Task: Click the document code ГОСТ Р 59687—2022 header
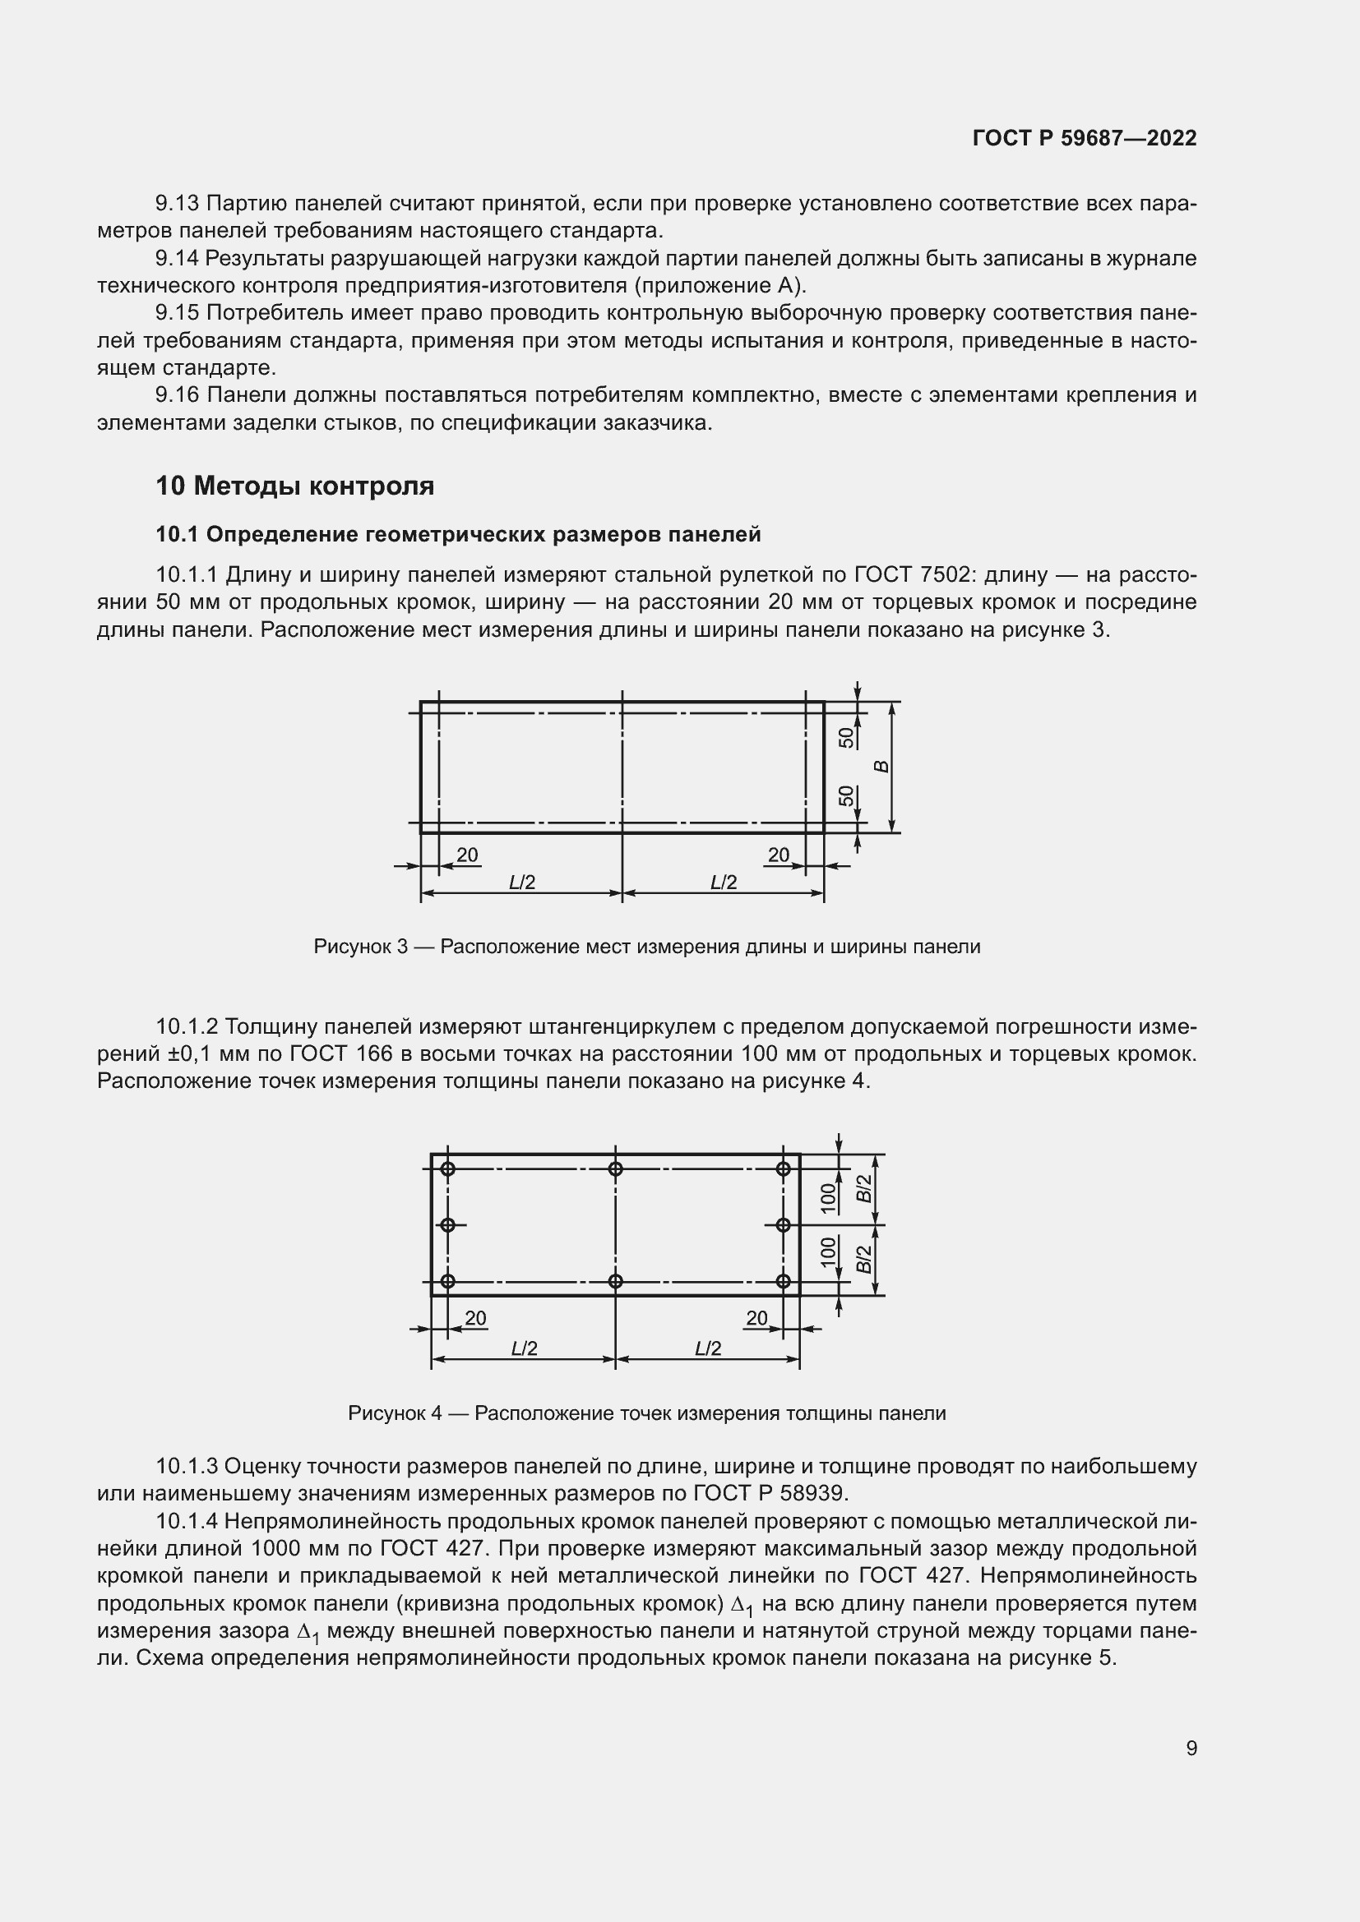pos(1085,138)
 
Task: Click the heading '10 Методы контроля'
pos(295,486)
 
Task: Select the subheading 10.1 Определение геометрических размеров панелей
pos(458,534)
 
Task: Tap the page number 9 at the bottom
pos(1191,1748)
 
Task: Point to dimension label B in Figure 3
pos(881,766)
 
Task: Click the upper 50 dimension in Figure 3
pos(847,737)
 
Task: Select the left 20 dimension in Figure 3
pos(467,855)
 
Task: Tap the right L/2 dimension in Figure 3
pos(724,883)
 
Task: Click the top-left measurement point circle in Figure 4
pos(448,1168)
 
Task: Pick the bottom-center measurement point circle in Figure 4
pos(616,1281)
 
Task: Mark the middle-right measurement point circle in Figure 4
pos(783,1224)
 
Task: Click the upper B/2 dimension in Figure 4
pos(863,1189)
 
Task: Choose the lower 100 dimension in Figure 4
pos(828,1252)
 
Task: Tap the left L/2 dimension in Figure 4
pos(525,1348)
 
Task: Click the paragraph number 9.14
pos(177,259)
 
